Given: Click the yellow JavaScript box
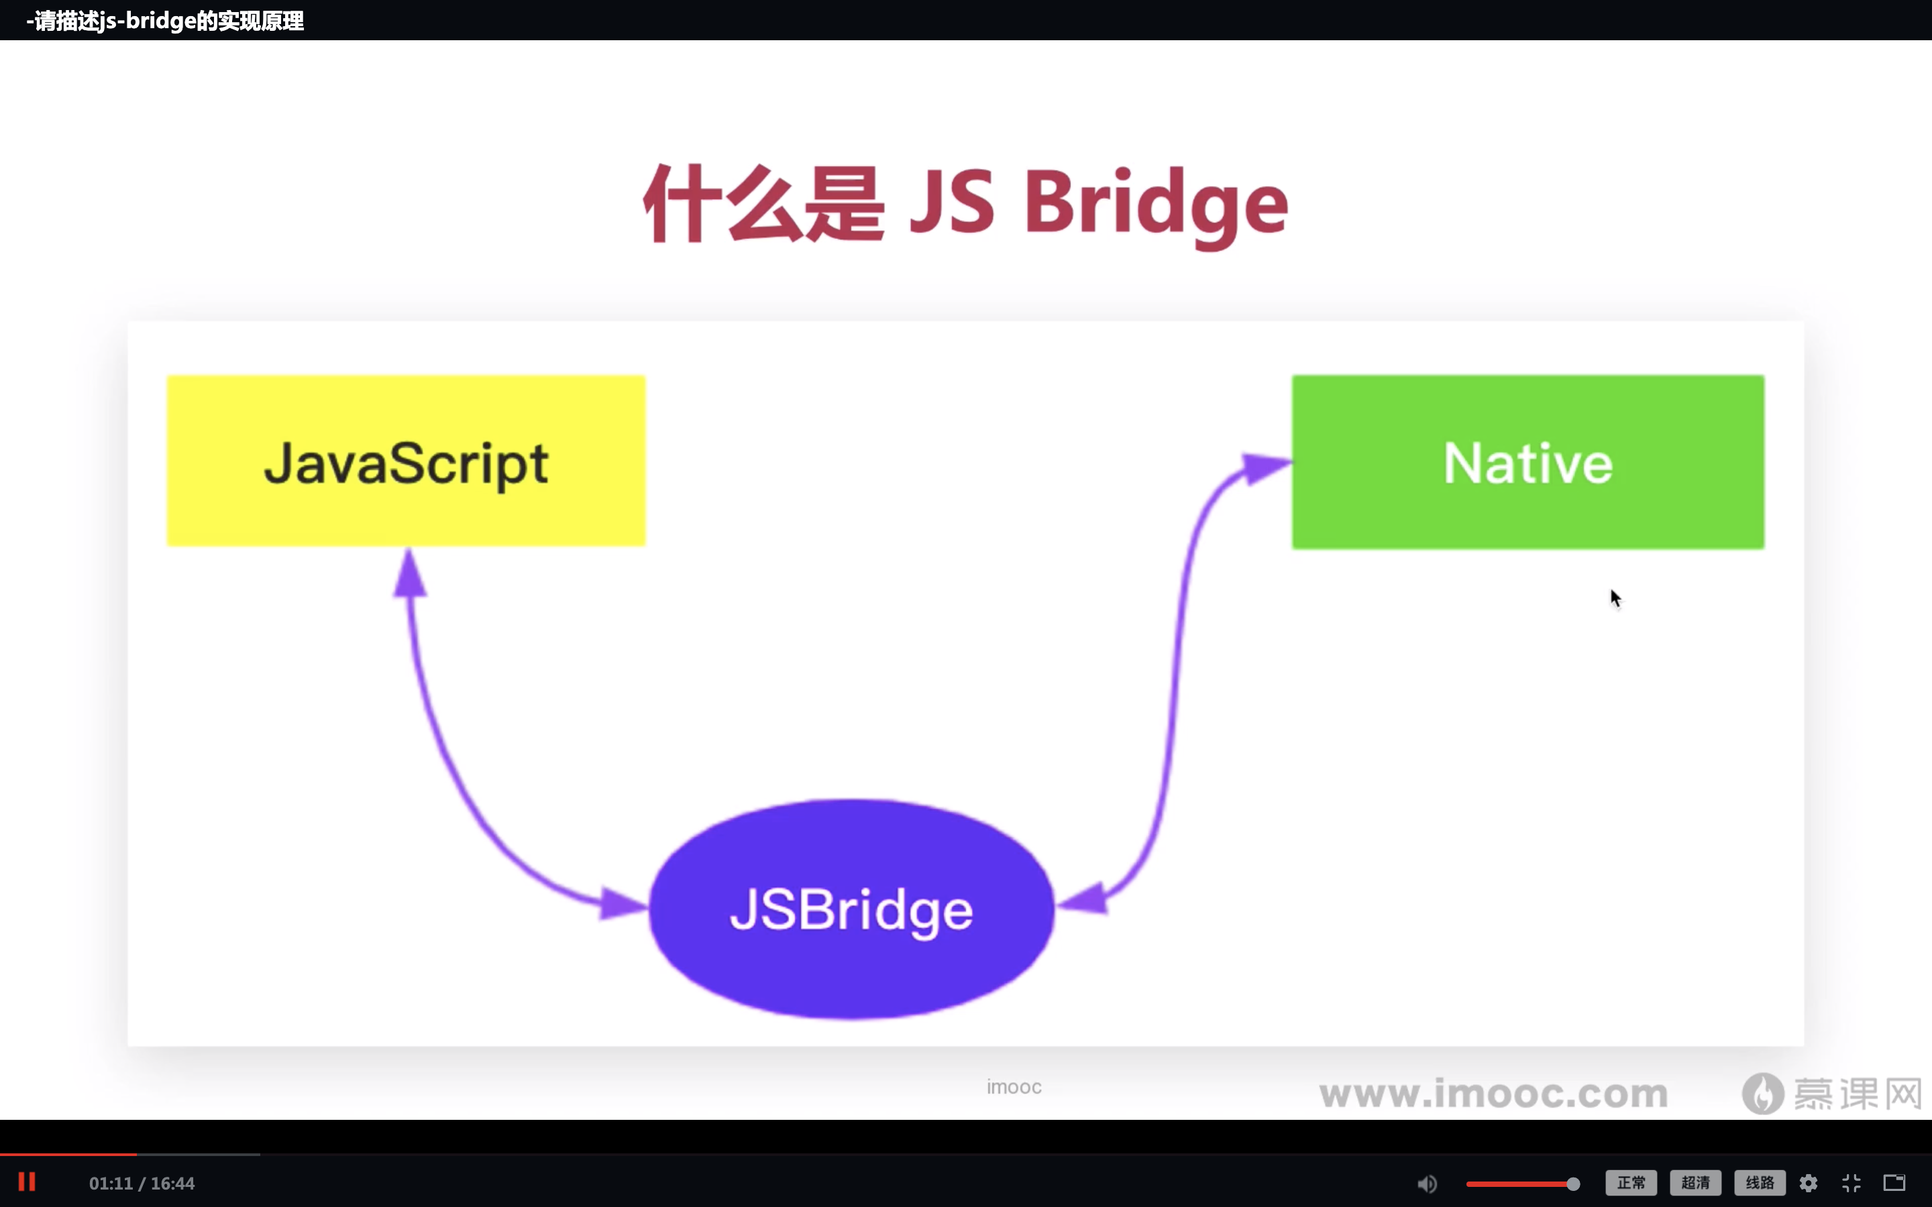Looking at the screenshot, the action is pos(406,461).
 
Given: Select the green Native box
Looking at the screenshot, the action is pos(1528,461).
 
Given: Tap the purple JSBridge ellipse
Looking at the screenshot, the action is pos(852,909).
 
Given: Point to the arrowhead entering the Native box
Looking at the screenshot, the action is pos(1266,466).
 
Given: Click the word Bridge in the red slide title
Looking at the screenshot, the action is pos(1156,204).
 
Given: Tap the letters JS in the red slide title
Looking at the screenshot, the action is pos(953,201).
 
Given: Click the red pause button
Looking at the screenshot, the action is pos(27,1182).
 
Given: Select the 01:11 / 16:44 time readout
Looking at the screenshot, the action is pos(142,1183).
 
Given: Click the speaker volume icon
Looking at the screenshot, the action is pos(1427,1183).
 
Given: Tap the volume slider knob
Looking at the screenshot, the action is pos(1572,1183).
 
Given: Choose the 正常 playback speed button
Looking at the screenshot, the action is pos(1631,1182).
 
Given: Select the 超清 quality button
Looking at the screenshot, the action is pos(1696,1182).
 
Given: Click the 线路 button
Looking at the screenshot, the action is pos(1760,1182).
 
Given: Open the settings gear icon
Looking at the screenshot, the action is pos(1809,1183).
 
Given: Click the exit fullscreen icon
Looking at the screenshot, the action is pos(1851,1183).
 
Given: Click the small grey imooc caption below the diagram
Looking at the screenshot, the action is pos(1014,1086).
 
